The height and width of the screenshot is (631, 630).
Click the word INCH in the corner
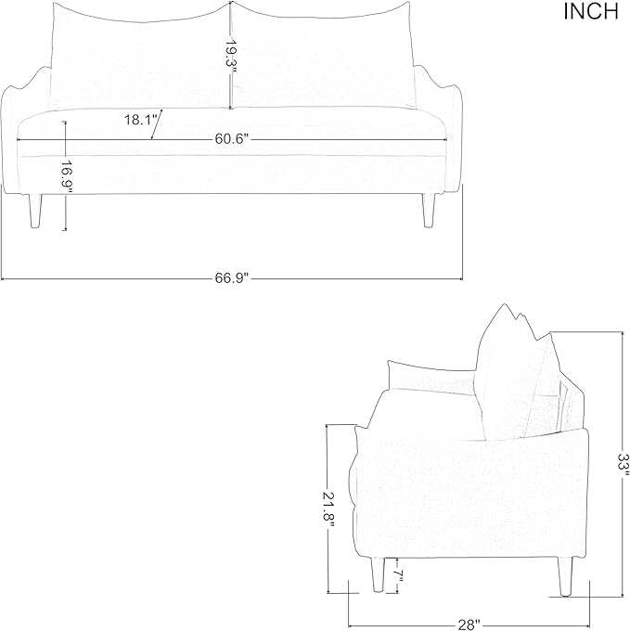click(x=591, y=11)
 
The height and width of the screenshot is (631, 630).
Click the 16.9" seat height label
click(x=67, y=177)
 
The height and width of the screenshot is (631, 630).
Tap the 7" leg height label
click(x=399, y=576)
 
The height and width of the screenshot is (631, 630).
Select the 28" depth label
click(x=469, y=625)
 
